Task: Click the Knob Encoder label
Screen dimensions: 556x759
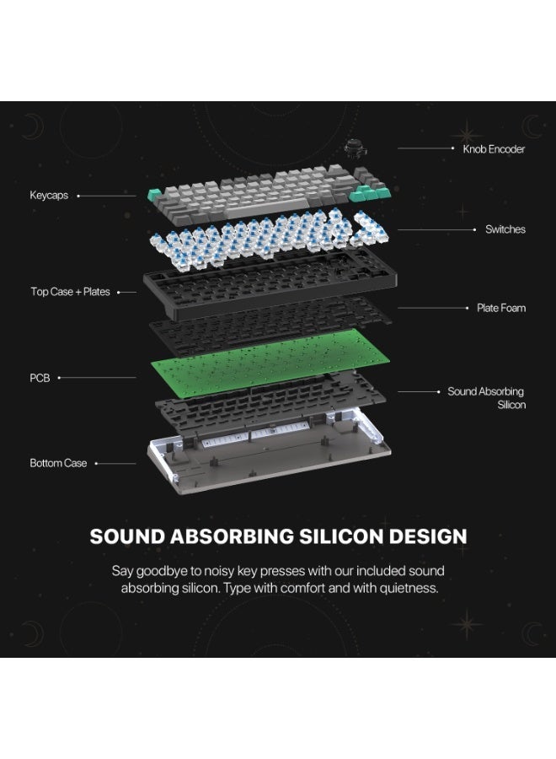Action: coord(494,149)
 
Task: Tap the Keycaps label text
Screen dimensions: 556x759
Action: coord(49,195)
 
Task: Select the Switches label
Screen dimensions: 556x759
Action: coord(505,229)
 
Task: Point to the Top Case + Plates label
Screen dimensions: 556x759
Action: coord(70,292)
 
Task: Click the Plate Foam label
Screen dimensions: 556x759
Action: coord(501,308)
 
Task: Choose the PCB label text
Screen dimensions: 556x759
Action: coord(40,378)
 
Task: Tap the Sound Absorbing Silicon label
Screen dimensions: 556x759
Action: coord(486,398)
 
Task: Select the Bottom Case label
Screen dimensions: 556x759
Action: coord(58,463)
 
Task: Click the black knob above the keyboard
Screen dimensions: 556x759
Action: coord(356,147)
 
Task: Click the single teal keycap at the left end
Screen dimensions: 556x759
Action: coord(155,196)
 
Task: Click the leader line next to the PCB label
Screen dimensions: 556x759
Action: coord(97,378)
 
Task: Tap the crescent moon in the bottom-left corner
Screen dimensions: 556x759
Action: coord(35,633)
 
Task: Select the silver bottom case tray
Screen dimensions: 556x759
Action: coord(270,453)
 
